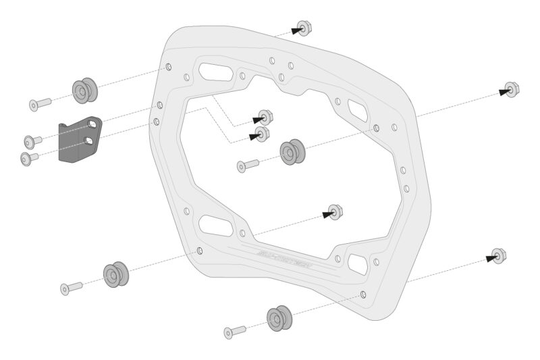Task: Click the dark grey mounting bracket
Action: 78,140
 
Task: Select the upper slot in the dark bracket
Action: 89,126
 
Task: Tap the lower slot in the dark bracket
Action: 88,140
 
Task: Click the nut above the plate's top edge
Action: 304,28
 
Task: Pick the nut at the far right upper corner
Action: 512,90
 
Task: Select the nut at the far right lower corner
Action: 499,256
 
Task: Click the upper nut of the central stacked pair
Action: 265,118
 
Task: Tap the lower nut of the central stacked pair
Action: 262,134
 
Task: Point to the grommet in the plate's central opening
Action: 292,152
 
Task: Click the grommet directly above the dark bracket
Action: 84,91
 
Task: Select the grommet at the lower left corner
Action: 116,274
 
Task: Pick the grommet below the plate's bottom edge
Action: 279,319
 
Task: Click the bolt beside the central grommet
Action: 248,165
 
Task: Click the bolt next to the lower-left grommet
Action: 71,288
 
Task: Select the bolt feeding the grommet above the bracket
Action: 40,104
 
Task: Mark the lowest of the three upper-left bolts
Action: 30,159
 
